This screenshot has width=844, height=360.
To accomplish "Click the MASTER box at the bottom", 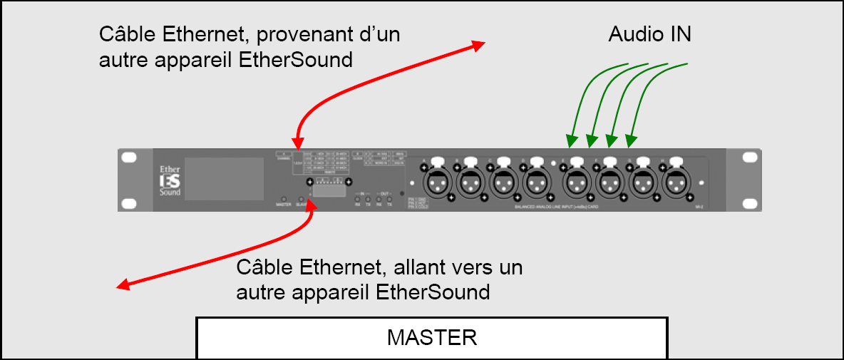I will tap(432, 337).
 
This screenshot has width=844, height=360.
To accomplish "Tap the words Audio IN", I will tap(649, 34).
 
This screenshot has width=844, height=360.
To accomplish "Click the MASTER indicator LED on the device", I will tap(284, 198).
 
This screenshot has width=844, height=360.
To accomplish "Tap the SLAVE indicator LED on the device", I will tap(302, 198).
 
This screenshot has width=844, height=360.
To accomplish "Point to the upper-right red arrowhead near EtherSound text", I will tap(478, 46).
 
